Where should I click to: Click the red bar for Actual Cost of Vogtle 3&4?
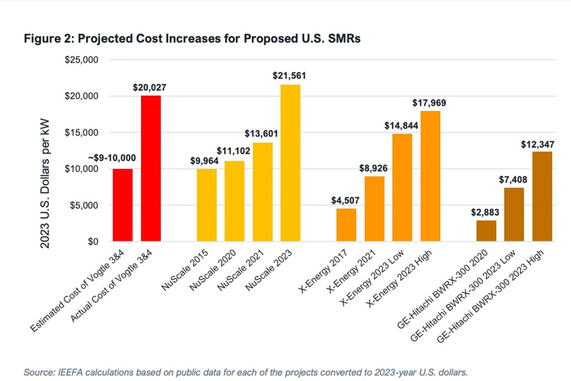150,168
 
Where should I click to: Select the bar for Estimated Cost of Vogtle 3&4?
122,204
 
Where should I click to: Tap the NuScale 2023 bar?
291,163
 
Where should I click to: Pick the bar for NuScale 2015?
206,204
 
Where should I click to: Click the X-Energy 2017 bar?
346,225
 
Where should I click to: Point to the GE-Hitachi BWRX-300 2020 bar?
486,231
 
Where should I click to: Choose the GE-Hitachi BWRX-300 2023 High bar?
542,196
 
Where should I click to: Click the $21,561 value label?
289,76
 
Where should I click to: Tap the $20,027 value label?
150,87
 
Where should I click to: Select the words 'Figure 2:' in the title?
46,39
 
